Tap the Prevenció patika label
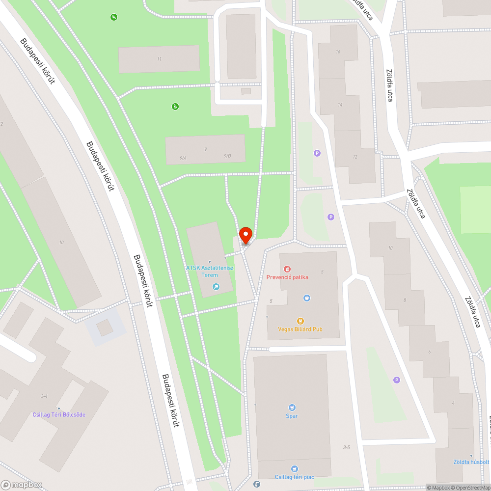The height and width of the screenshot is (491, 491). point(287,277)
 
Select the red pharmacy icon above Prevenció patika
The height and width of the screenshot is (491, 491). point(287,269)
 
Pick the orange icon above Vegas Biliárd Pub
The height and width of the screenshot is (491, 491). point(300,321)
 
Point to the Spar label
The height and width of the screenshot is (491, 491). point(292,416)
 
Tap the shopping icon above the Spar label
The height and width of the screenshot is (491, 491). point(292,408)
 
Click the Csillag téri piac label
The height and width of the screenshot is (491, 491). point(294,477)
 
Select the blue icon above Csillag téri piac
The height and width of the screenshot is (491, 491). point(294,469)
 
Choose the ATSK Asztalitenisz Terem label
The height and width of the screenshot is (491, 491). point(210,271)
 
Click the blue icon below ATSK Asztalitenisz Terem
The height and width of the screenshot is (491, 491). point(215,287)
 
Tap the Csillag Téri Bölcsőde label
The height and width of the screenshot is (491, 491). point(59,415)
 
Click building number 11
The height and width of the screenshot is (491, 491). point(159,59)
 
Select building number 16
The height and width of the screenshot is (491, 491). point(338,52)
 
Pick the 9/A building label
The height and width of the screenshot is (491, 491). point(183,158)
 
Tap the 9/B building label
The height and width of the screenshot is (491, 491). point(227,156)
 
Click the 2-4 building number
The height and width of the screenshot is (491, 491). point(44,396)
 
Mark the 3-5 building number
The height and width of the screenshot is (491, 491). point(347,447)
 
